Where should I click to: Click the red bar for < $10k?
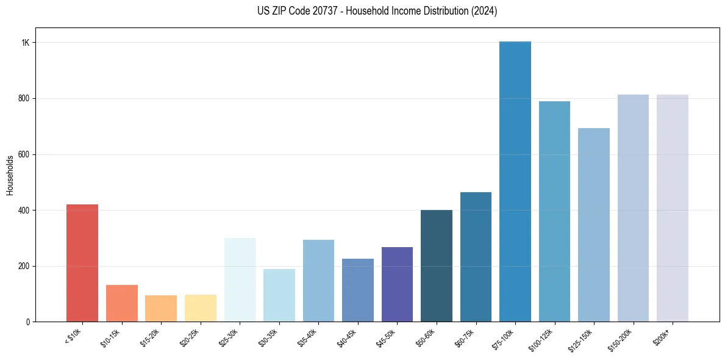(82, 263)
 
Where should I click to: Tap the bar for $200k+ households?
(673, 208)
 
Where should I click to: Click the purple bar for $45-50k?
(397, 284)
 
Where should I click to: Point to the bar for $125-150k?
(594, 225)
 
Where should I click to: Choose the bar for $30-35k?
(279, 295)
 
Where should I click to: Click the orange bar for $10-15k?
(122, 303)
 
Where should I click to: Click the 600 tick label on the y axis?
(25, 154)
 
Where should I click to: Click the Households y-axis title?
(10, 175)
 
